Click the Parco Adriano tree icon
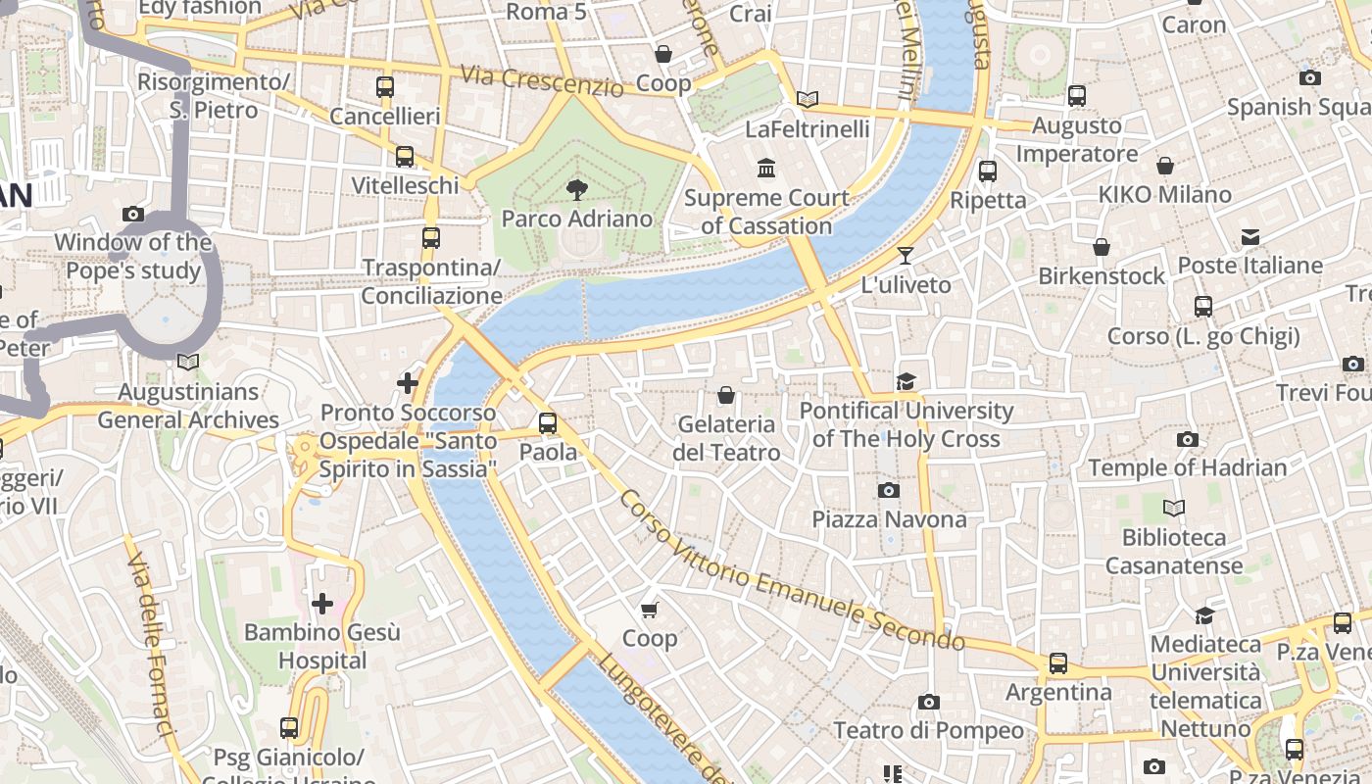click(576, 189)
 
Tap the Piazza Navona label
click(889, 519)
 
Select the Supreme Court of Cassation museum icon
click(766, 169)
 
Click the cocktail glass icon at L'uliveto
click(905, 256)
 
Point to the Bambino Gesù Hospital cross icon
click(321, 604)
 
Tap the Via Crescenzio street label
click(542, 81)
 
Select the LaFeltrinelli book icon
click(807, 99)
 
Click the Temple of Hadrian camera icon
click(1187, 439)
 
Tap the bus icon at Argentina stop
click(1058, 663)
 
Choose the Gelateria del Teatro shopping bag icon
click(726, 395)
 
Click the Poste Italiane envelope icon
click(1249, 236)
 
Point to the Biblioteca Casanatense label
click(1174, 551)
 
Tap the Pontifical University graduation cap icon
click(906, 381)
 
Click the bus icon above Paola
click(548, 423)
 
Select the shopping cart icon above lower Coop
click(649, 610)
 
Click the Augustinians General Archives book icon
click(188, 363)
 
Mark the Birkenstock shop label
click(1102, 276)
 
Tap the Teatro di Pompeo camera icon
click(928, 702)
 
